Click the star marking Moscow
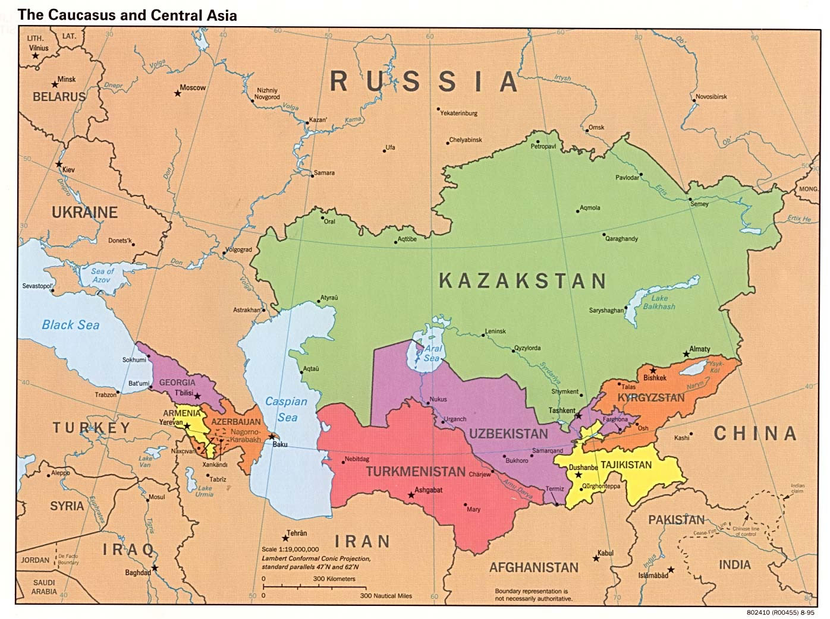[177, 93]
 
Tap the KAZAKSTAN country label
[522, 280]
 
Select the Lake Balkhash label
[659, 302]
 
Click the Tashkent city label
[562, 410]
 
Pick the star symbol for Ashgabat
[410, 494]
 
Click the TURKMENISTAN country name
[415, 472]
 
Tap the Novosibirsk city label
[711, 97]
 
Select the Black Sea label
[70, 324]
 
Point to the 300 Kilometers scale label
[334, 579]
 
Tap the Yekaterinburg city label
[458, 113]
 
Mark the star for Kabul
[595, 558]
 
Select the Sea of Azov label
[102, 276]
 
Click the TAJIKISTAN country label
[625, 465]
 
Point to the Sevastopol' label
[38, 286]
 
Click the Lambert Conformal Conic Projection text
[316, 559]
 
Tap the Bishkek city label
[655, 377]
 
